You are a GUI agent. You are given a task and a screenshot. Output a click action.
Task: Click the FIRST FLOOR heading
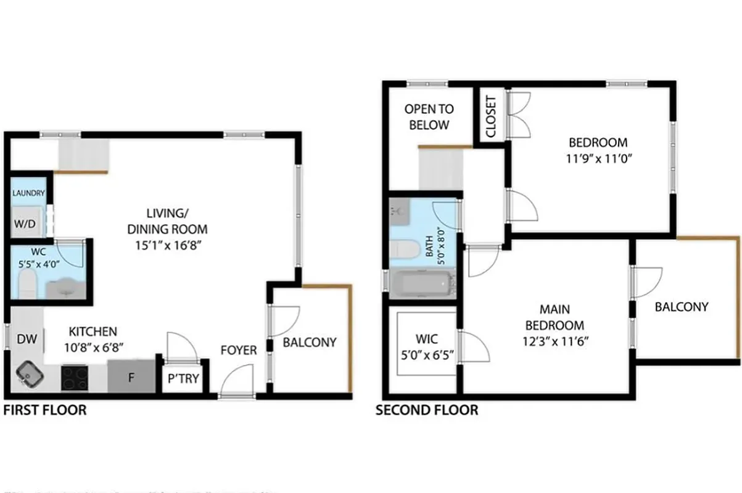(45, 410)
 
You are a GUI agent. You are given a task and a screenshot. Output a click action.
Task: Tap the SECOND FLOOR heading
(427, 410)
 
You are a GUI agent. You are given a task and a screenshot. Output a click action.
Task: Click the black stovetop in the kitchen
(75, 378)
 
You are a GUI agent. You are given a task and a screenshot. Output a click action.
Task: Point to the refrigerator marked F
(131, 377)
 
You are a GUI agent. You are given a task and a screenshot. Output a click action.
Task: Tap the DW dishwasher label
(25, 338)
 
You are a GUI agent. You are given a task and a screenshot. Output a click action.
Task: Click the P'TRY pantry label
(183, 378)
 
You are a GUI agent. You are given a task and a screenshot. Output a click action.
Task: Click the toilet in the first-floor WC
(27, 286)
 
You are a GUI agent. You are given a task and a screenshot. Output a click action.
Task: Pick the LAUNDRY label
(28, 193)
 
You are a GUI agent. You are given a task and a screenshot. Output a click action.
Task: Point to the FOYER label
(239, 351)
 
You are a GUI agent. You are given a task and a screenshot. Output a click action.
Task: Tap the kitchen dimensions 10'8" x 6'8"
(93, 347)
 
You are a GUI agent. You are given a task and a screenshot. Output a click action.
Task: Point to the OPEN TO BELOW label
(429, 117)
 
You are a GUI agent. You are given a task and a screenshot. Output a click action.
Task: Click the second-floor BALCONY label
(682, 306)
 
